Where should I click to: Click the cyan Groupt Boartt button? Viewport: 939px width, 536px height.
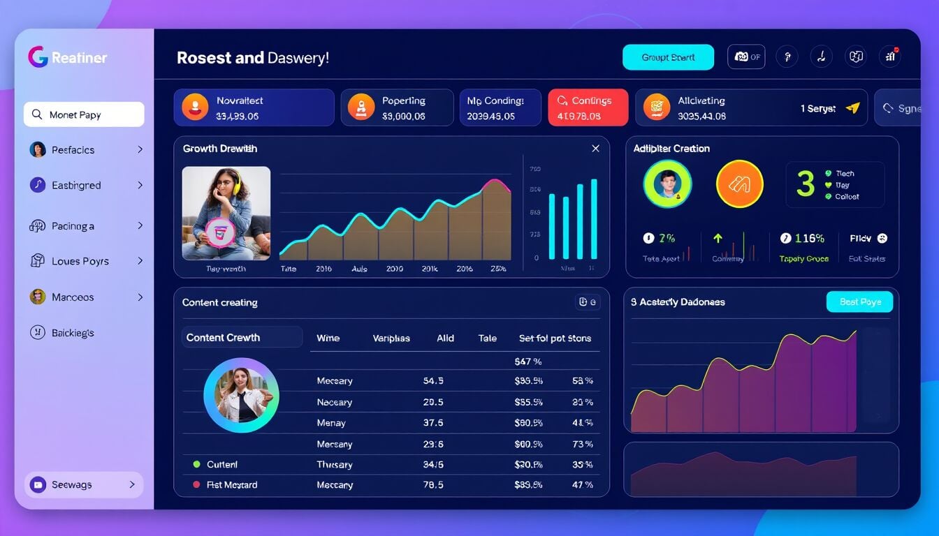coord(668,57)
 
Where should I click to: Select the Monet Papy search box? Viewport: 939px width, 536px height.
coord(84,114)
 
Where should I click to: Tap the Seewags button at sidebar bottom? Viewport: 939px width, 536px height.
coord(84,484)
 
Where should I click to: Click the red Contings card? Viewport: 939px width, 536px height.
coord(588,107)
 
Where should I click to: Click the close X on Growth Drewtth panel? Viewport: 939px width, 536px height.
coord(595,149)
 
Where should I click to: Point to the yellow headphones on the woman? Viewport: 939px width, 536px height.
coord(235,184)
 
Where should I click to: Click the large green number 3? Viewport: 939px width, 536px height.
coord(806,184)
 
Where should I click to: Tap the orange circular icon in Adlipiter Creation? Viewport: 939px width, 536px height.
coord(740,184)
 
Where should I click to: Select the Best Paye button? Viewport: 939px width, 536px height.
coord(859,301)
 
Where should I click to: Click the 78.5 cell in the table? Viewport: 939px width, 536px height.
coord(433,484)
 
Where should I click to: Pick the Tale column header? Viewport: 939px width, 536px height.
coord(487,338)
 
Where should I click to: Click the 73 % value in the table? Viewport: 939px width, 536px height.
coord(582,444)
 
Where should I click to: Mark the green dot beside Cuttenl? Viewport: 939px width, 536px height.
coord(196,464)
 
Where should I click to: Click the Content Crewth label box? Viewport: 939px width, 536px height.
coord(242,337)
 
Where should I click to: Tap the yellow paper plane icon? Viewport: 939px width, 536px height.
coord(852,108)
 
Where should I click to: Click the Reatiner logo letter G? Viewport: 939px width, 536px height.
coord(38,57)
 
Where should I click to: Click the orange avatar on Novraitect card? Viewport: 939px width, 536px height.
coord(195,107)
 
